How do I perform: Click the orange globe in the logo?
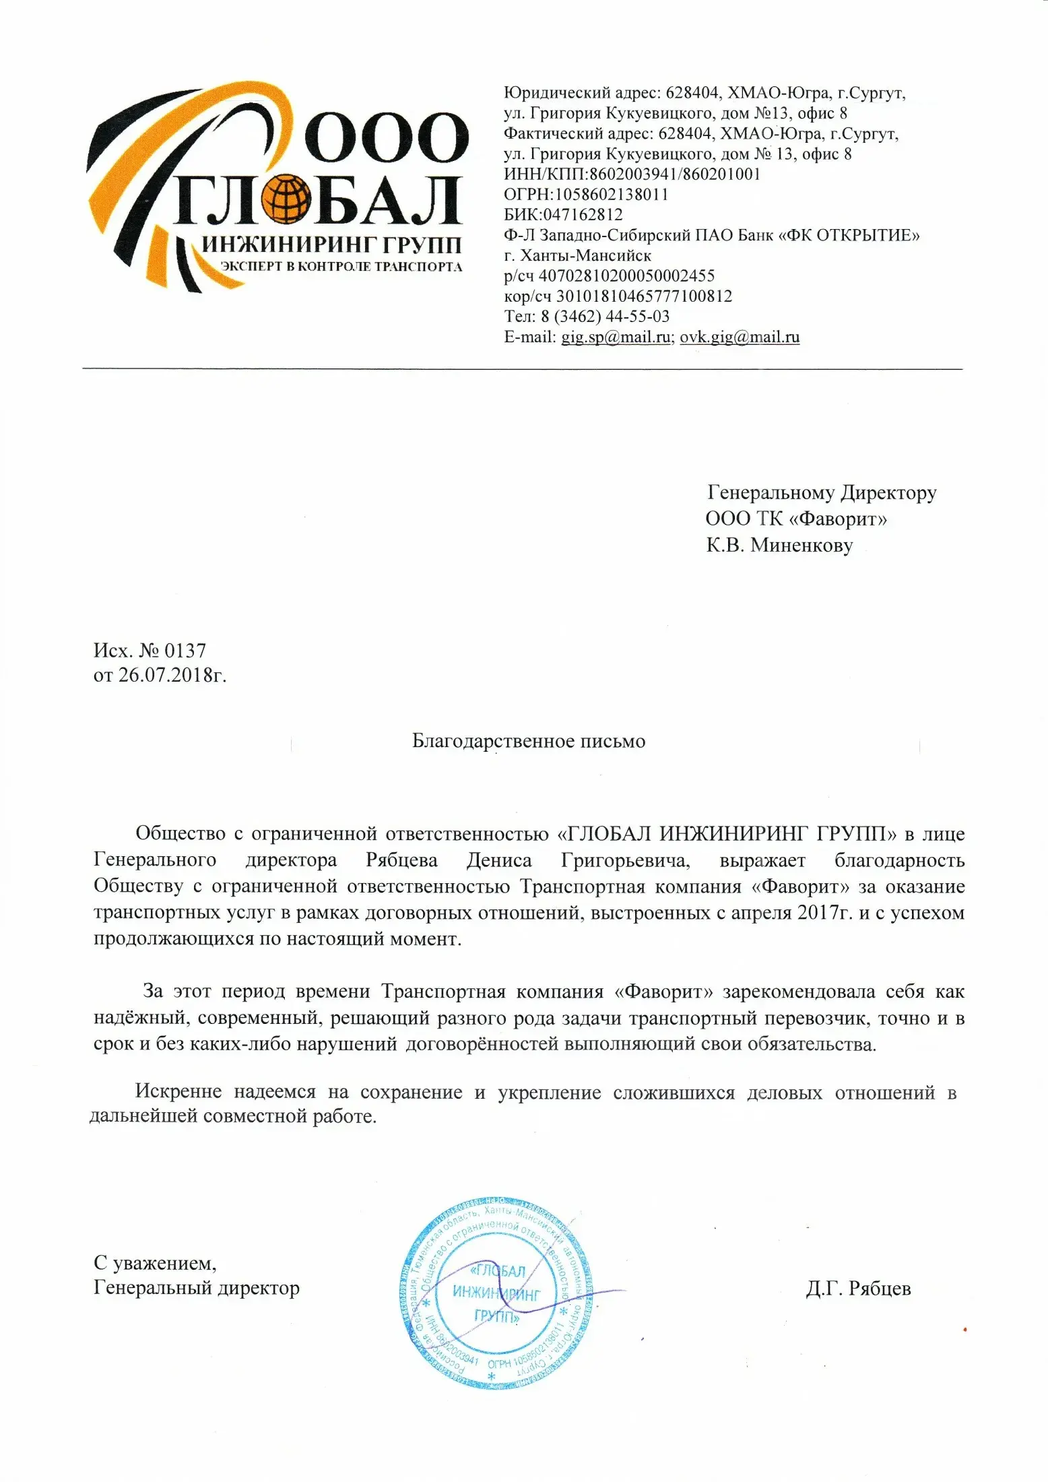point(286,200)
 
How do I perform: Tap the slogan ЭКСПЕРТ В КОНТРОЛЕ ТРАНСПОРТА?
point(341,267)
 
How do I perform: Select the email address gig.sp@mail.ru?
point(616,337)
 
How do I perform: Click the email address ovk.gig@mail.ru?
point(740,337)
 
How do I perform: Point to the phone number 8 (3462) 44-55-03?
point(605,317)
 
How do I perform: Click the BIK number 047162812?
point(583,215)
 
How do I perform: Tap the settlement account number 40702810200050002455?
point(626,276)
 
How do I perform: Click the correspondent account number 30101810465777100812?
point(644,296)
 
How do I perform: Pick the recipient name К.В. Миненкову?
point(779,545)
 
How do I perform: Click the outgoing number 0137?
point(185,651)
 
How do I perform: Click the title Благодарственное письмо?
point(529,742)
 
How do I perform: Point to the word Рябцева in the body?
point(401,861)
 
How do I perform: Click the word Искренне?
point(178,1092)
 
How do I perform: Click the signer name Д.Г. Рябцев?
point(858,1289)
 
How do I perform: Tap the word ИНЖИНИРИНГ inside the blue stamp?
point(496,1292)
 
